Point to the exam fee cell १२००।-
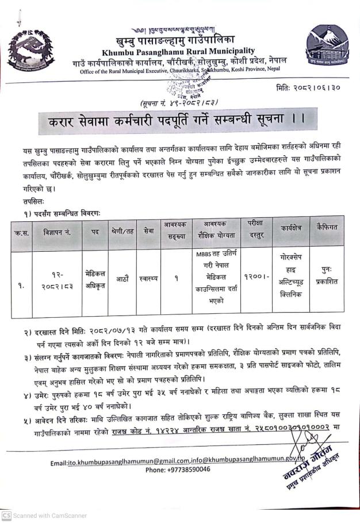click(256, 279)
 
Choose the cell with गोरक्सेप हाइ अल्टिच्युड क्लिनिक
click(291, 279)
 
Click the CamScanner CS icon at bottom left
click(6, 516)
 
